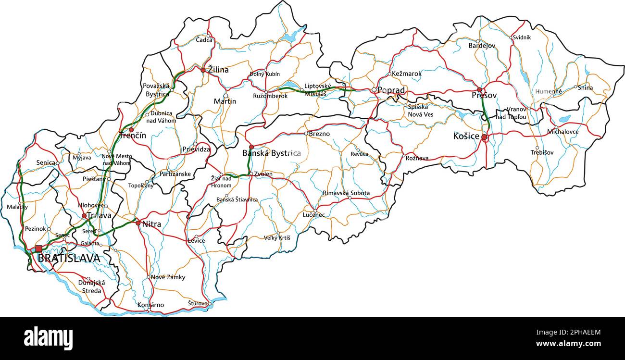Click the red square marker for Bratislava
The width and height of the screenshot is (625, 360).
coord(38,248)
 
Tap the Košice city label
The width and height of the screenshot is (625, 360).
coord(466,136)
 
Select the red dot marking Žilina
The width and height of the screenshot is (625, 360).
coord(203,70)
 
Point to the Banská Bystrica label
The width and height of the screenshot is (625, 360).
coord(272,153)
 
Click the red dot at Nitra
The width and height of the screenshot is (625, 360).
coord(138,223)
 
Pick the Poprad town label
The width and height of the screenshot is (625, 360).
coord(391,90)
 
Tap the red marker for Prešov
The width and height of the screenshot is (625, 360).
coord(479,90)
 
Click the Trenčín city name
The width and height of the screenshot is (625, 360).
coord(132,136)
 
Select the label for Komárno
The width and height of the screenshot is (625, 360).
coord(150,305)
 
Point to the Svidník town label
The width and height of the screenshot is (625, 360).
coord(522,37)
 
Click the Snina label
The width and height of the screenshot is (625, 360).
coord(585,88)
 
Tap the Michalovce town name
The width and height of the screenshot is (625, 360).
coord(563,131)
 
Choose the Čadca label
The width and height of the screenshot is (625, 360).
coord(204,40)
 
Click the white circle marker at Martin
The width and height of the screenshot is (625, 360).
coord(225,96)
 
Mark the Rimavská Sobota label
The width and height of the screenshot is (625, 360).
coord(346,193)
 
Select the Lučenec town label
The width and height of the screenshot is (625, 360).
coord(314,215)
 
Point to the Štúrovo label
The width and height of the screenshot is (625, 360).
coord(198,304)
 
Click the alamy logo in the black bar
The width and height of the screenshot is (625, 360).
coord(48,338)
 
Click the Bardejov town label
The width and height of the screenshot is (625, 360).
coord(482,46)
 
